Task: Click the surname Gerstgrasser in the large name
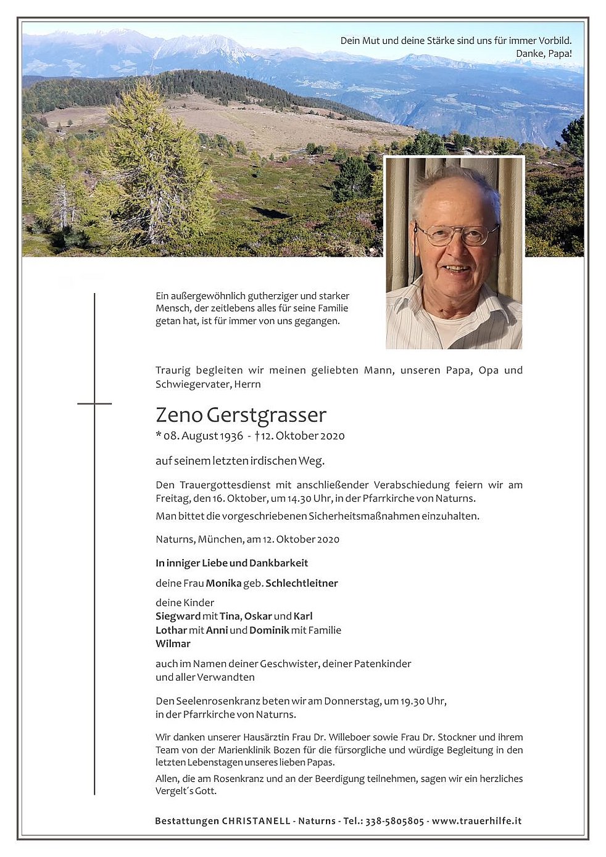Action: pos(267,416)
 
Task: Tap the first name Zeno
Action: pos(179,415)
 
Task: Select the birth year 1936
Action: pos(231,436)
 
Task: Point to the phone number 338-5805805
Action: pos(394,821)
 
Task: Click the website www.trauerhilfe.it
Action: pos(476,821)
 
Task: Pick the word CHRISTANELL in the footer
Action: pos(256,821)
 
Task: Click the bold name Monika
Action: pos(223,583)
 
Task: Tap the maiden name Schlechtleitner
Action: pos(302,583)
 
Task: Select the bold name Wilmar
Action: pos(173,644)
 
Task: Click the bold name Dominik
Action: pos(270,630)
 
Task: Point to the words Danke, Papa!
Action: pos(544,54)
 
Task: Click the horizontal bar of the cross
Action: pos(94,404)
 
